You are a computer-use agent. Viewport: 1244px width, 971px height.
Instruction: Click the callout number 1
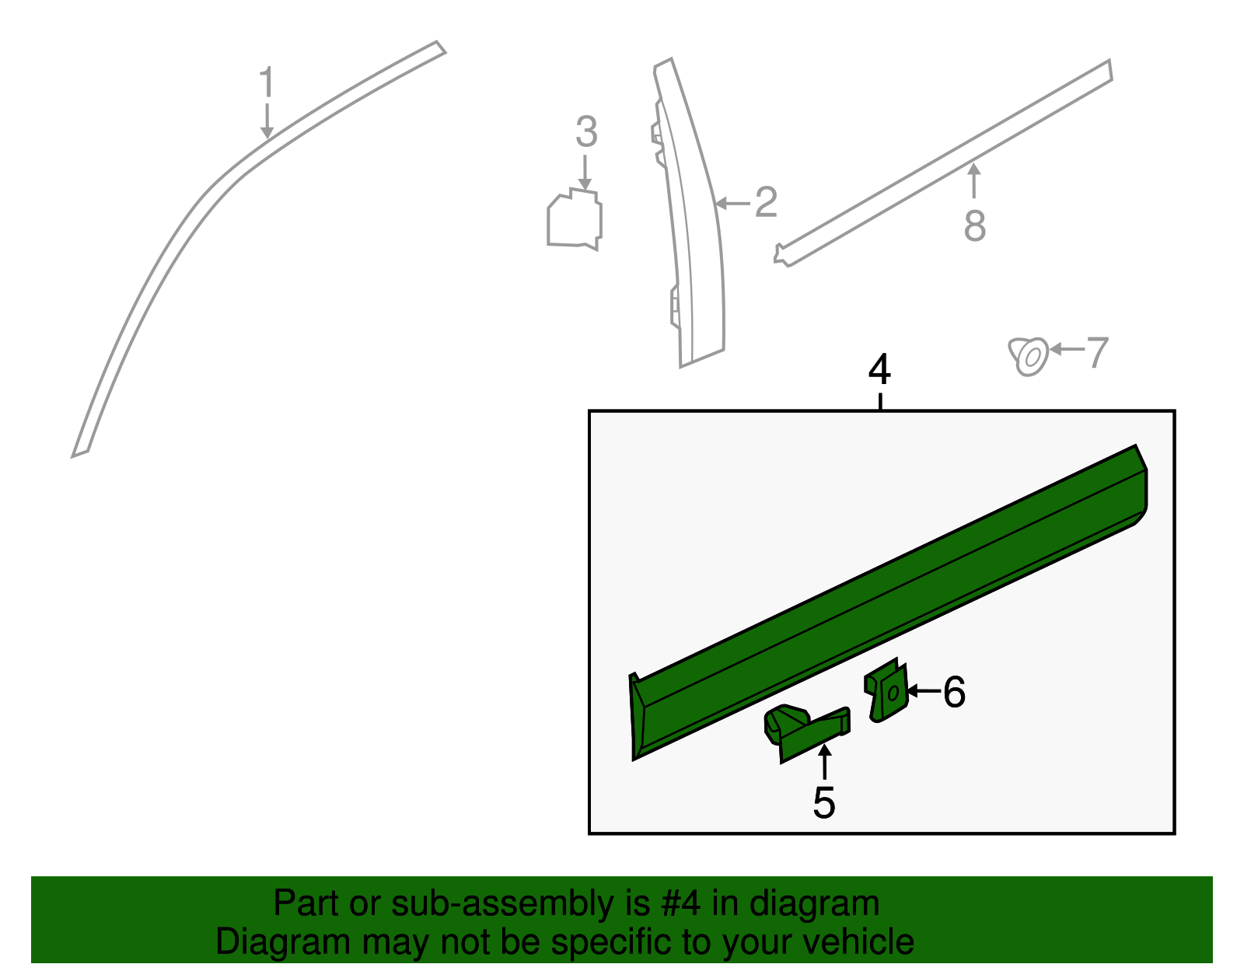(x=267, y=82)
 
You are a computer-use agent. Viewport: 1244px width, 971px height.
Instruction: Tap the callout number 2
(x=766, y=202)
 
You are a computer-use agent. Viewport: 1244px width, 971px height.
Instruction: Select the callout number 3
(x=586, y=132)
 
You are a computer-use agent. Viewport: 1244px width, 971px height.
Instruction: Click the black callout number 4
(x=879, y=370)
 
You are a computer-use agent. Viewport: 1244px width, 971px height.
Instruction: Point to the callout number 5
(x=823, y=802)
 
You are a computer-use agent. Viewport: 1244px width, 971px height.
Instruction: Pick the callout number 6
(x=954, y=692)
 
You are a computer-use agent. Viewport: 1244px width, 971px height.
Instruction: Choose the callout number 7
(x=1096, y=353)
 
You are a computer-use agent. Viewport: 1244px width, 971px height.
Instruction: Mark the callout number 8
(x=974, y=226)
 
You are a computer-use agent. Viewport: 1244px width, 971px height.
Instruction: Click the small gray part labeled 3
(x=575, y=220)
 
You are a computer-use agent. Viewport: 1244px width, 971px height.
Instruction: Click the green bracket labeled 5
(x=805, y=732)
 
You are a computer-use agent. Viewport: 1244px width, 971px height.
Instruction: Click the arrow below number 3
(x=585, y=171)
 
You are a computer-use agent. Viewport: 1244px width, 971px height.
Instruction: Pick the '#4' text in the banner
(x=680, y=903)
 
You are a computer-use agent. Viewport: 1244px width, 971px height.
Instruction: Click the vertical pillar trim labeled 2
(x=696, y=233)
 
